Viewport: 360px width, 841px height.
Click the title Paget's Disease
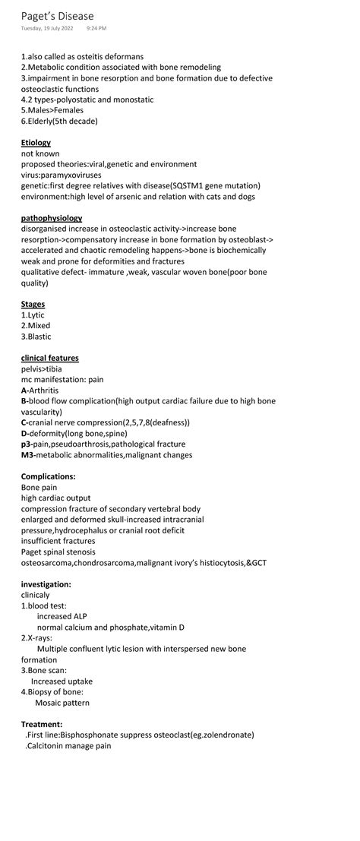58,16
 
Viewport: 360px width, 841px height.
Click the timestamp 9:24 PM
96,28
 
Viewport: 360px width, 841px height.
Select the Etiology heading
36,143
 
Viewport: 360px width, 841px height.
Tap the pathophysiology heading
52,218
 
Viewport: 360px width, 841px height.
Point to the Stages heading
33,304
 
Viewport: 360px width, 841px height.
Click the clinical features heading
49,358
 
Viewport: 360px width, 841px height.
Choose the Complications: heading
48,476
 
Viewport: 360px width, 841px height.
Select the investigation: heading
46,584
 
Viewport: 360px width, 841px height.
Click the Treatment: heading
42,724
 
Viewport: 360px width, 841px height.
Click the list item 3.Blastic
36,337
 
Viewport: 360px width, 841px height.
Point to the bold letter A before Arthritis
24,390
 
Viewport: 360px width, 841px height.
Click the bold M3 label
28,455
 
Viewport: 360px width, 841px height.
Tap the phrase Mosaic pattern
62,703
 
